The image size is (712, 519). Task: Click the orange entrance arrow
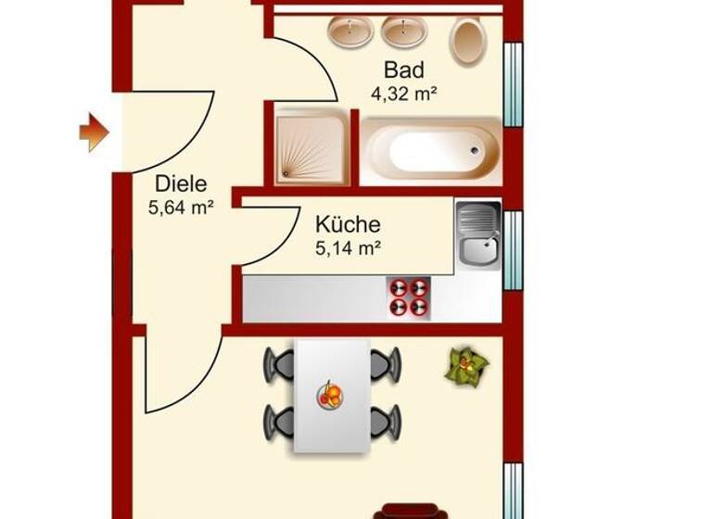point(94,133)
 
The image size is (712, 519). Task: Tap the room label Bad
point(404,70)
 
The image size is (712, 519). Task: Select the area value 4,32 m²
point(404,93)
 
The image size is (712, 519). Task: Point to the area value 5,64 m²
point(181,208)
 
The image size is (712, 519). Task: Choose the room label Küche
point(348,224)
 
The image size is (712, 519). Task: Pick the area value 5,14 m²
point(349,247)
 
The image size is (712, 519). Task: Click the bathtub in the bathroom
point(432,151)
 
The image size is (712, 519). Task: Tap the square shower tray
point(311,149)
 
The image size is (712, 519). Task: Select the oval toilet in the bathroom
point(468,41)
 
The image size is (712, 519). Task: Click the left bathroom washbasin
point(350,32)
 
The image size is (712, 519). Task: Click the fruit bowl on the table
point(330,396)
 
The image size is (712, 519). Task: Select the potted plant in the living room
point(465,365)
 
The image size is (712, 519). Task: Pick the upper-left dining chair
point(278,363)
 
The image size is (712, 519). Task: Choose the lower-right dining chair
point(386,422)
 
